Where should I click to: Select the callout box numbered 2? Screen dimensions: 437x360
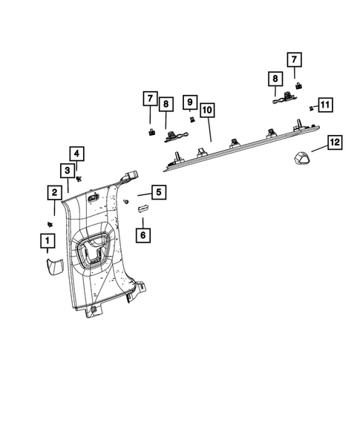tap(54, 193)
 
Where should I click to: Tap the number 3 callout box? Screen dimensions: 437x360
tap(67, 171)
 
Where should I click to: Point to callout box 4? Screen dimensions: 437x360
tap(78, 154)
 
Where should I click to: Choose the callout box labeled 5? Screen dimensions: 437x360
tap(158, 193)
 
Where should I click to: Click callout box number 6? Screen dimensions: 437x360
tap(143, 234)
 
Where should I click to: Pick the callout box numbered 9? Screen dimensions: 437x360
tap(190, 100)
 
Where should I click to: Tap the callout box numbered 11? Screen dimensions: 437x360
tap(324, 104)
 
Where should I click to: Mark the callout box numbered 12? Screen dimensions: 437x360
tap(334, 141)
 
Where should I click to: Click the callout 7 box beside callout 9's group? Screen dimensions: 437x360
tap(150, 98)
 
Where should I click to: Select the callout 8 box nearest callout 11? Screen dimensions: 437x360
tap(274, 78)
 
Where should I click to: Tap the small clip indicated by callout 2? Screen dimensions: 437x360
tap(50, 223)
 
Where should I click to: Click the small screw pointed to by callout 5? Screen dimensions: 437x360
tap(126, 202)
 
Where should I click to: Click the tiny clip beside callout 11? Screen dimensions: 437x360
tap(311, 108)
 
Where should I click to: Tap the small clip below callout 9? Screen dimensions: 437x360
tap(192, 119)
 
